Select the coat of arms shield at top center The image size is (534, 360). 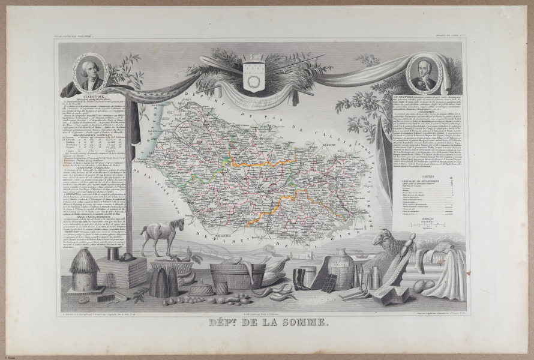pos(253,73)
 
